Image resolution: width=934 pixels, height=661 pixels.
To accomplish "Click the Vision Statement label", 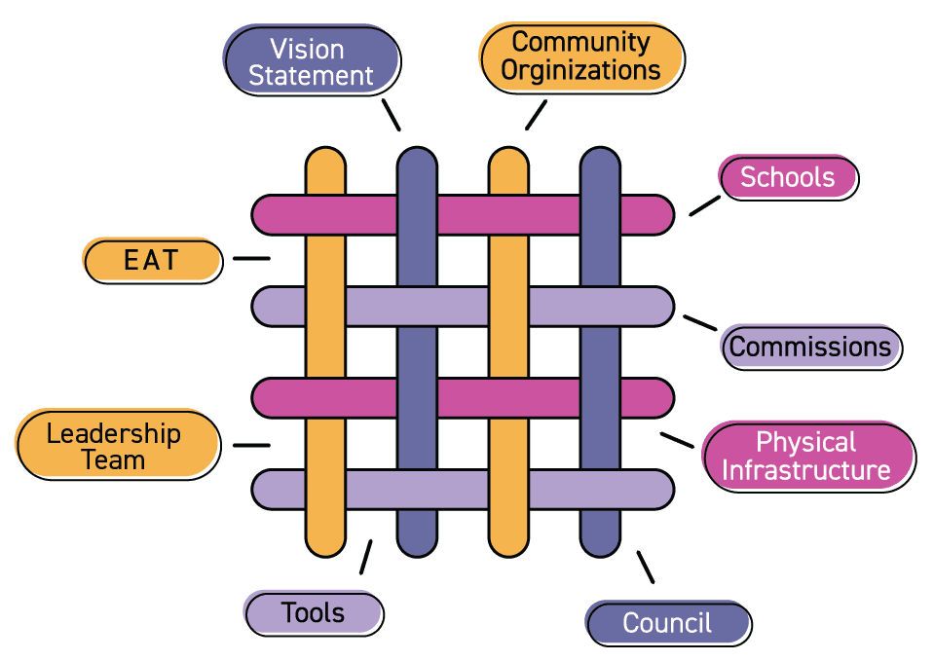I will (311, 60).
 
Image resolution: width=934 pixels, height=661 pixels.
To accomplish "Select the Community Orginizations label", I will (580, 56).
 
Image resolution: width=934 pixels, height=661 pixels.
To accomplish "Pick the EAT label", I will (152, 260).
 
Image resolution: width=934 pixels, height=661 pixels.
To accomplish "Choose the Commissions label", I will (810, 347).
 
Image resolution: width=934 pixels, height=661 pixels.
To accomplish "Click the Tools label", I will (313, 612).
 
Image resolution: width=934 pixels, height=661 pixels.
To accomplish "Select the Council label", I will (667, 623).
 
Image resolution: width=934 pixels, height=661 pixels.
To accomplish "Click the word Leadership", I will (114, 433).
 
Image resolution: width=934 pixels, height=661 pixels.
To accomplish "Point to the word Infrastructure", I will (806, 471).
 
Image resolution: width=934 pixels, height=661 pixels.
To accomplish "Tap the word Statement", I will (311, 76).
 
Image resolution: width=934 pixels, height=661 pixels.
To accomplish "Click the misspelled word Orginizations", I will (580, 71).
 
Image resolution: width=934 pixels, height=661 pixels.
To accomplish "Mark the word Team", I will (114, 460).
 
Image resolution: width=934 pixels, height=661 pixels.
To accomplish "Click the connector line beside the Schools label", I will (704, 205).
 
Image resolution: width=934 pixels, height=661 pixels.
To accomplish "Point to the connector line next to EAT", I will (251, 259).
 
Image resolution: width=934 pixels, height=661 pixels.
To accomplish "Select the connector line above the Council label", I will (645, 567).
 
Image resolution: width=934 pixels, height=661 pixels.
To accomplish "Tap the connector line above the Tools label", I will (365, 558).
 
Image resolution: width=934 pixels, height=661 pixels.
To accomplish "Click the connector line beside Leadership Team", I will (251, 446).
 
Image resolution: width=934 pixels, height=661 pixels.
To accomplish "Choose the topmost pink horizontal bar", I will (463, 215).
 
